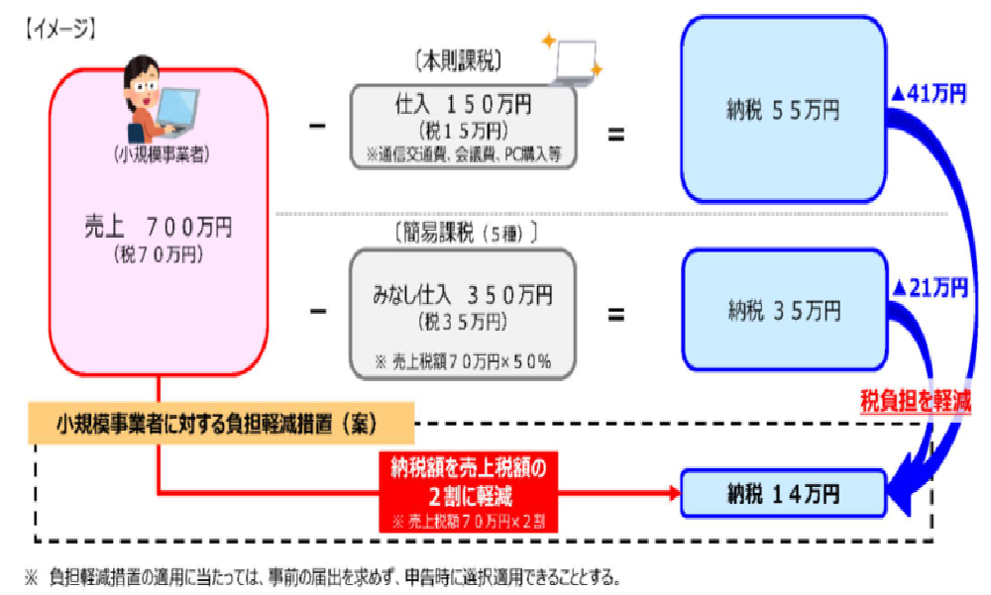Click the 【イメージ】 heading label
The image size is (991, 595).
[58, 30]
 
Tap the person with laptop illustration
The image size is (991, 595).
[159, 98]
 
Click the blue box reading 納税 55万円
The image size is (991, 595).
[783, 110]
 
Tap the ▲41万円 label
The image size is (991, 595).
[930, 94]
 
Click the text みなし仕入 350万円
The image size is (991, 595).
[463, 295]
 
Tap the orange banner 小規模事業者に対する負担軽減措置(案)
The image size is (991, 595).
[220, 427]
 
